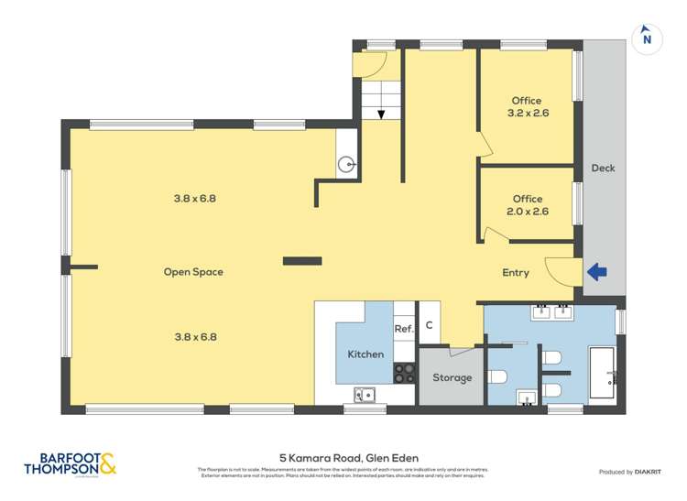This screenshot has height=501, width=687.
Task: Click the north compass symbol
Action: point(647,38)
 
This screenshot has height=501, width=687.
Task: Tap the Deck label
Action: point(603,168)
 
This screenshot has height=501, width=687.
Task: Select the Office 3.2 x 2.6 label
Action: point(527,107)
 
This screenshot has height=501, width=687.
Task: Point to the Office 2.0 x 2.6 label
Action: point(527,205)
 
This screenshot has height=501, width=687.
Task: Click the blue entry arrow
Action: point(596,272)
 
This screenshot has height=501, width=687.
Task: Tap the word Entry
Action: point(516,273)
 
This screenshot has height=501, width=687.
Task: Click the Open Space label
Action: point(193,272)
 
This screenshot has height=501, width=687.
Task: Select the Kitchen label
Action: point(365,354)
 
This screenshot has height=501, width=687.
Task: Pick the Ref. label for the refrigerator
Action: point(404,329)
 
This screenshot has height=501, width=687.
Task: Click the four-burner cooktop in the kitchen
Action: point(404,373)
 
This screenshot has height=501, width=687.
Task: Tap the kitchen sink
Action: point(365,395)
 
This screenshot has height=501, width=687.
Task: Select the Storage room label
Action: point(453,377)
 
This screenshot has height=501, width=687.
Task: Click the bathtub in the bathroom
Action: point(603,373)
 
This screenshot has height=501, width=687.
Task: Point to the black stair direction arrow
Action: point(380,114)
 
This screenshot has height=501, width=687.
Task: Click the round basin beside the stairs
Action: point(346,165)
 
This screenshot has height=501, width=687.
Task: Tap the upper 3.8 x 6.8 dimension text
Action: point(194,198)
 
